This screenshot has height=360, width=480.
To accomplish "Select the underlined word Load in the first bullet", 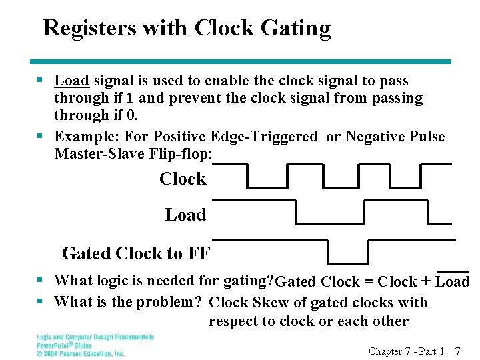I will click(72, 81).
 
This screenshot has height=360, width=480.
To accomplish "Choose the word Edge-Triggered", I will click(264, 137).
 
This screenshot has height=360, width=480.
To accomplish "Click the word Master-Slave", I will click(97, 154).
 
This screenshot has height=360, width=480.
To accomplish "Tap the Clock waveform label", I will click(183, 179).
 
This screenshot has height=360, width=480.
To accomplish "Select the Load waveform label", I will click(185, 215).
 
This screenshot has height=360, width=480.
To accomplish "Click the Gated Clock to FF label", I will click(135, 253).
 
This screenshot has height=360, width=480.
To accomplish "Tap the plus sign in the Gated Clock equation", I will click(425, 282).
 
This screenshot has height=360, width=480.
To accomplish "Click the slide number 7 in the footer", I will click(457, 351).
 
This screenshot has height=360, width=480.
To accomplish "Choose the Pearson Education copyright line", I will click(81, 353).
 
